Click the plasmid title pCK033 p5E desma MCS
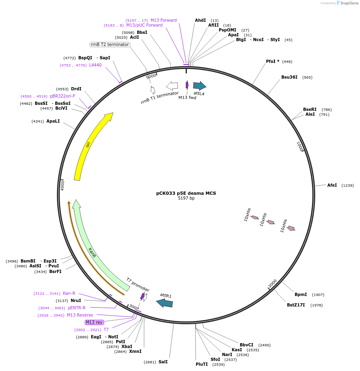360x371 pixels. [x=186, y=193]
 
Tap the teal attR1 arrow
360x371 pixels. [x=165, y=302]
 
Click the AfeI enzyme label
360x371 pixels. [x=332, y=185]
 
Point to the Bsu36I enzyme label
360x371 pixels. [x=289, y=77]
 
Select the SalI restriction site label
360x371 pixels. [x=163, y=362]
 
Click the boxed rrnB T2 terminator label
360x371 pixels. [x=110, y=44]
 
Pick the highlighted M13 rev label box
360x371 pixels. [x=94, y=322]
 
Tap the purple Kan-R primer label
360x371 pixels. [x=69, y=293]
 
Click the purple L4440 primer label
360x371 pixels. [x=95, y=65]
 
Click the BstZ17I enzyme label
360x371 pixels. [x=296, y=305]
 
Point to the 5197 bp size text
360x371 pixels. [x=186, y=198]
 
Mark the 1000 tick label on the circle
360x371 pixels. [x=299, y=146]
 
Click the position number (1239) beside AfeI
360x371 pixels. [x=347, y=185]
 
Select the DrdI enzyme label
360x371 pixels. [x=76, y=89]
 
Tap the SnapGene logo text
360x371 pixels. [x=348, y=3]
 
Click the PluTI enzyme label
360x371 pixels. [x=202, y=364]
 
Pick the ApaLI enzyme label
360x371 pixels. [x=53, y=121]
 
